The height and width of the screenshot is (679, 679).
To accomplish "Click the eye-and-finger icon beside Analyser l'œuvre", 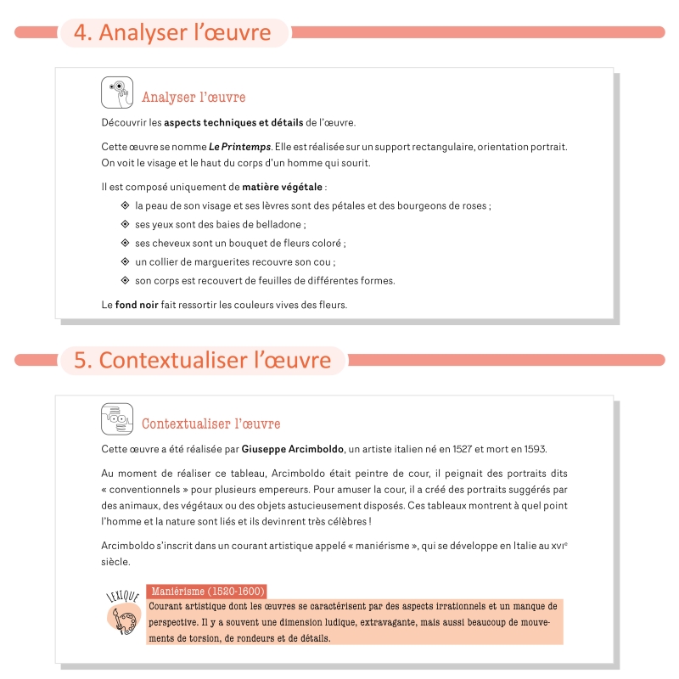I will (117, 93).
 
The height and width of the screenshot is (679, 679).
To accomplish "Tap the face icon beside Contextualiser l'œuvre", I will (117, 418).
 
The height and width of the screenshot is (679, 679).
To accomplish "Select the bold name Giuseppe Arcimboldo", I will (293, 449).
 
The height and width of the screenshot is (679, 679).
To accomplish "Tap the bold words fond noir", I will (136, 305).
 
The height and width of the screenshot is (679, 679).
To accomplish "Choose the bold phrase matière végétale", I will (282, 186).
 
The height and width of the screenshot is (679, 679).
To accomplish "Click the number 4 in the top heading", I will (81, 32).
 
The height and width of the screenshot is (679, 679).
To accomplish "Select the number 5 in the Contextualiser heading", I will (81, 360).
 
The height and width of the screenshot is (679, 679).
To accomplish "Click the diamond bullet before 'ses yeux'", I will (125, 224).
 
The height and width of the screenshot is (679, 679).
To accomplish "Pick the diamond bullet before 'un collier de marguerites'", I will (125, 261).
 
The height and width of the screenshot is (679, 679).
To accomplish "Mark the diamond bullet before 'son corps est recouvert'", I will (125, 280).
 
